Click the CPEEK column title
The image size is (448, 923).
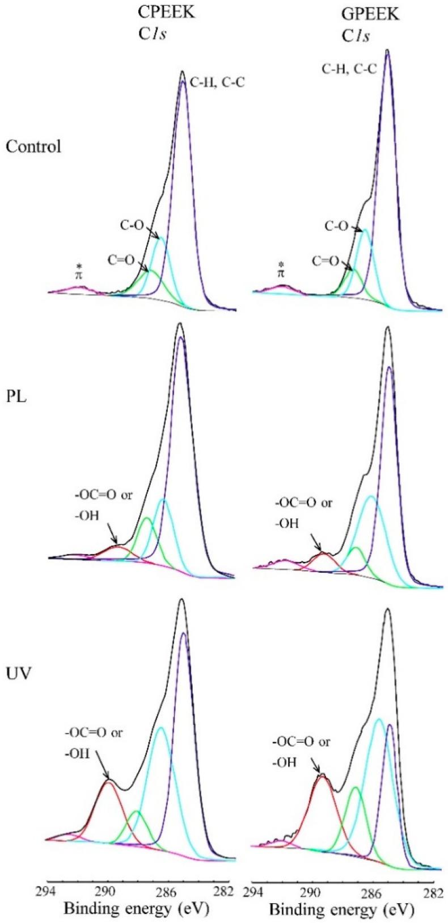pyautogui.click(x=167, y=12)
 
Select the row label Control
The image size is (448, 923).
pyautogui.click(x=33, y=146)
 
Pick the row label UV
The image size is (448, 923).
pyautogui.click(x=19, y=674)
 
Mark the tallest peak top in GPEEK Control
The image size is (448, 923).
pyautogui.click(x=387, y=51)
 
